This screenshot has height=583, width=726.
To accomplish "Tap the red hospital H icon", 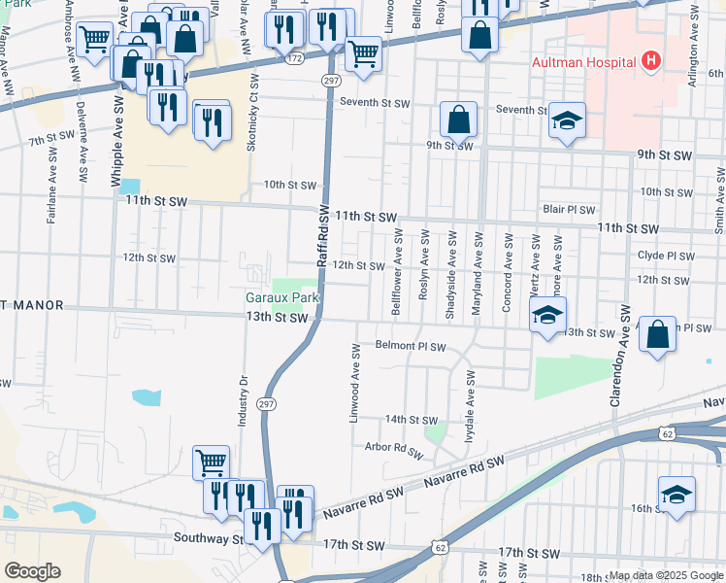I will pos(651,61).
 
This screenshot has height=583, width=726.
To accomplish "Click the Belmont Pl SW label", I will pos(411,346).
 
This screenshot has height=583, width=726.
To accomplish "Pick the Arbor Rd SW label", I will pos(393,451).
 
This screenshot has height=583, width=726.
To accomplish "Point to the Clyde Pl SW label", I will pos(666,256).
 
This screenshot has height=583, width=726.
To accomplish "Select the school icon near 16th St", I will pos(676,495).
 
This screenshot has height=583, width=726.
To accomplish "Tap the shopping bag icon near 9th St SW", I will pos(459,120).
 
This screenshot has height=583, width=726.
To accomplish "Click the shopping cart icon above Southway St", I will pos(211,463).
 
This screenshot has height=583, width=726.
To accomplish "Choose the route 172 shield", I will pos(294,59).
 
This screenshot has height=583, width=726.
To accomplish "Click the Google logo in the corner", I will pos(32,571).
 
